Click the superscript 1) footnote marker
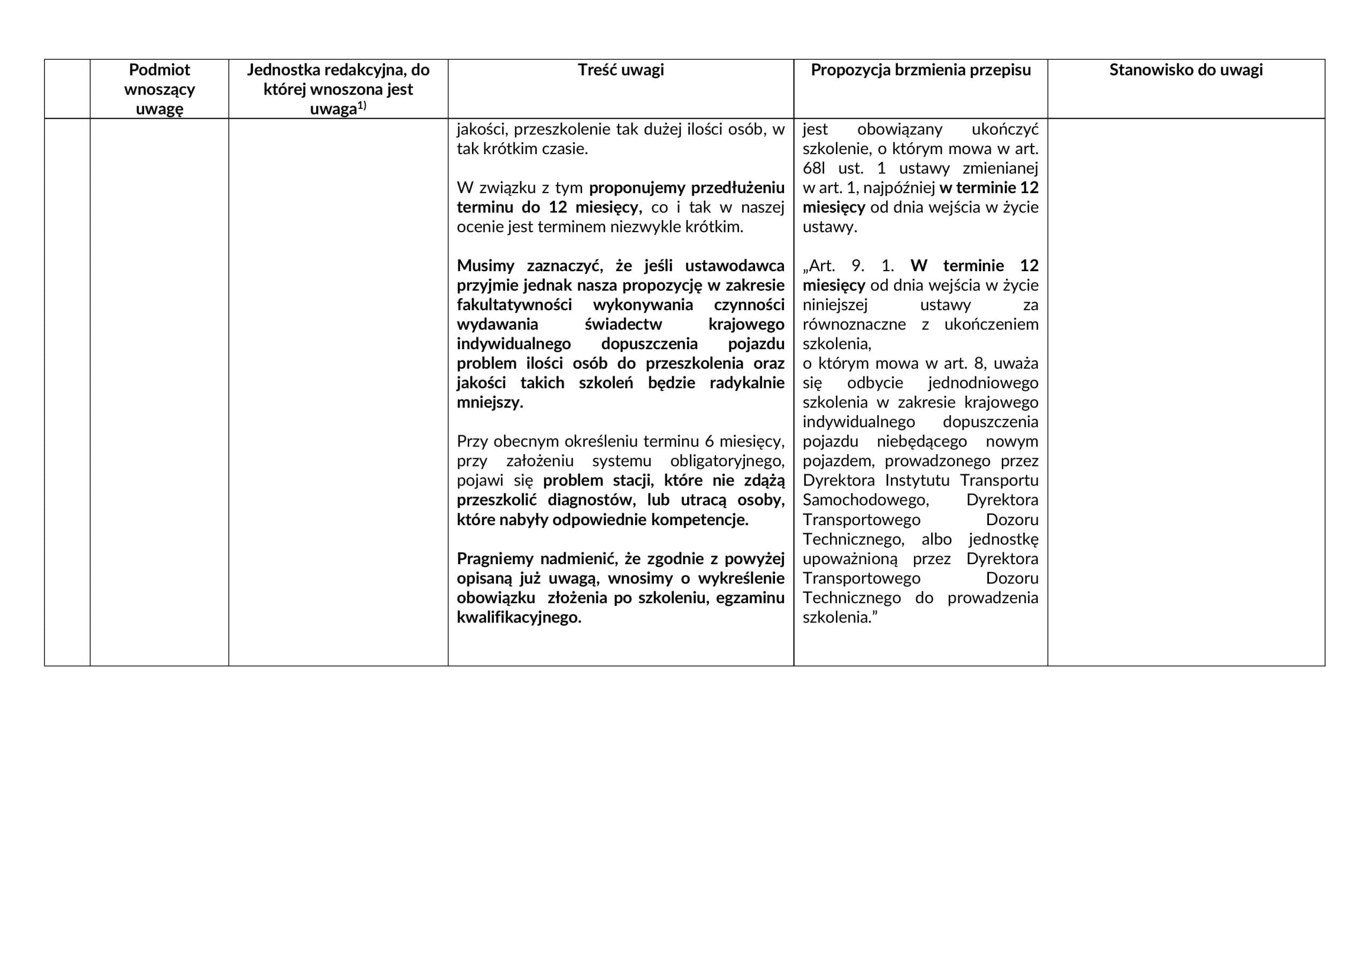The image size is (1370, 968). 362,106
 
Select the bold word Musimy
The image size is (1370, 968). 485,266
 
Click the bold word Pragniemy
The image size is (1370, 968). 494,559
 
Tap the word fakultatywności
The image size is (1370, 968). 514,305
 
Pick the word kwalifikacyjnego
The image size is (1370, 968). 519,617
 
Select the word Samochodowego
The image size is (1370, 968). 865,500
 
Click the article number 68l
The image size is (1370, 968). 815,168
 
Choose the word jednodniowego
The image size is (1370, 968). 983,383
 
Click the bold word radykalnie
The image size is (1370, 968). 747,383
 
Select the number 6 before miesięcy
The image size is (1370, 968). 709,441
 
